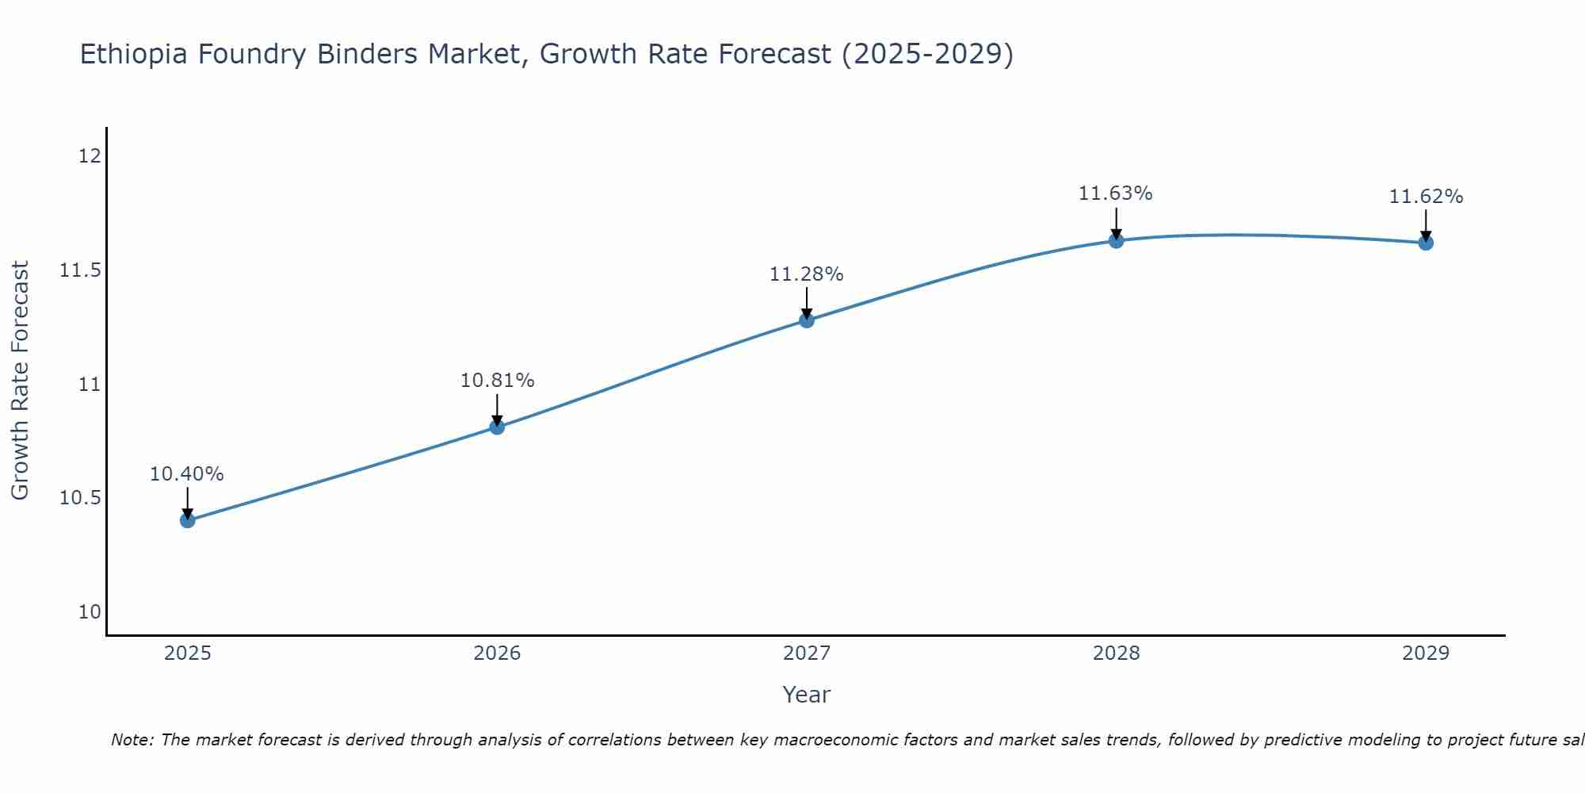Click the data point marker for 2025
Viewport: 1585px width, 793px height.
coord(188,520)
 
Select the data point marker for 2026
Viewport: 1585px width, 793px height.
coord(497,427)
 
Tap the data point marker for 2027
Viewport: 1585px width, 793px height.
coord(807,320)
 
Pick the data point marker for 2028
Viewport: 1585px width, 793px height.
coord(1116,240)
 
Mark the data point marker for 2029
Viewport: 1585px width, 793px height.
coord(1426,243)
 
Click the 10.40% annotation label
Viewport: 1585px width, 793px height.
coord(187,474)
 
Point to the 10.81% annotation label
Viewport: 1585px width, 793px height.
coord(497,381)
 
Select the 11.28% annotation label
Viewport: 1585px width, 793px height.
coord(807,274)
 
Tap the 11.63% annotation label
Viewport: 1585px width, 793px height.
coord(1116,193)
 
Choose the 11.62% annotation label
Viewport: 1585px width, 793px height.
coord(1426,197)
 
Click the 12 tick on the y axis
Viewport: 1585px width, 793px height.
coord(90,156)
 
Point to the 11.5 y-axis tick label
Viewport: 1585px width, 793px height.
coord(81,270)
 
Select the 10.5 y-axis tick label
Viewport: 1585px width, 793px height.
coord(81,498)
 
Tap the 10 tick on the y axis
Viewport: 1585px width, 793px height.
coord(90,612)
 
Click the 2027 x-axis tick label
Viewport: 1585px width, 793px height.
coord(807,653)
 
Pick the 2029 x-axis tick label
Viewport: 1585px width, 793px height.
coord(1426,653)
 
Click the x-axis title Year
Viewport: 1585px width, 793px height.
coord(807,695)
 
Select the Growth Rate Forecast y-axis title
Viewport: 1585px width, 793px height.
coord(20,381)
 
